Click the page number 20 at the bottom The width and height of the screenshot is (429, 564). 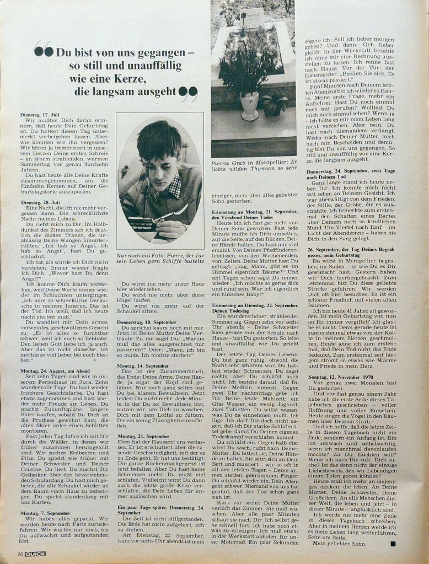(x=20, y=553)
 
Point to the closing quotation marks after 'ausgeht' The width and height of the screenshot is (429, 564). (x=189, y=94)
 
